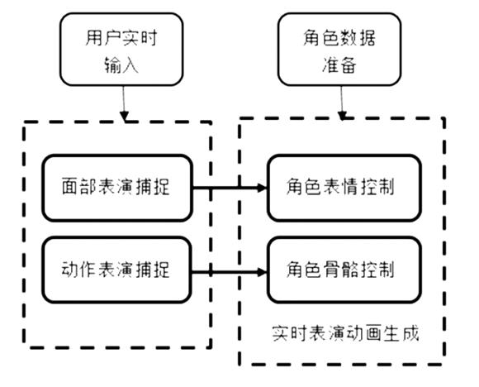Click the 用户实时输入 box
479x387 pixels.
[121, 50]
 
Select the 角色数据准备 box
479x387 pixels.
[339, 50]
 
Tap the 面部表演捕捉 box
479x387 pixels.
[117, 188]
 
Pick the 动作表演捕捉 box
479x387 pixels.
[117, 270]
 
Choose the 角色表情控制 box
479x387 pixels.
[344, 188]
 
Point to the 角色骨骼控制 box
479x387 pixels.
[344, 270]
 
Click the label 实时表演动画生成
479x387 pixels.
[345, 333]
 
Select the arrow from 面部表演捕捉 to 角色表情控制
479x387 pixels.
[230, 188]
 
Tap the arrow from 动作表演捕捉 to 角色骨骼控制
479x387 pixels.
[230, 272]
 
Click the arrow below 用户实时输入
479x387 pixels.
[124, 103]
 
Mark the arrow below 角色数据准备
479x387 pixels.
[342, 103]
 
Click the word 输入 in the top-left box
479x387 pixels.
[121, 64]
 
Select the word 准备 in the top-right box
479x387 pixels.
[339, 64]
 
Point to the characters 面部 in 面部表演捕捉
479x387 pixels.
[79, 187]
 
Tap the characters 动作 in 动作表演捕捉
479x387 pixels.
[79, 270]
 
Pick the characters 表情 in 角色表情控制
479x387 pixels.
[340, 187]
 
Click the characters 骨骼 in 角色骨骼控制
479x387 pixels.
[340, 270]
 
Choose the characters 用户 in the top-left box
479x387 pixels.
[102, 38]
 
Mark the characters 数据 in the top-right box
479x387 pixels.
[358, 38]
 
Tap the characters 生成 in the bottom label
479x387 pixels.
[401, 333]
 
